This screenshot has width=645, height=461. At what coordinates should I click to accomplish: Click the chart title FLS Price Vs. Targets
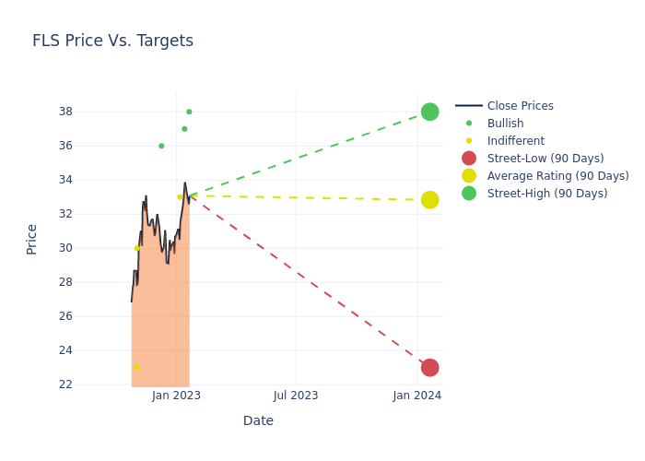pos(112,41)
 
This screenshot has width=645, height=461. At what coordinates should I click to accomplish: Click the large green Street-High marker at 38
pos(429,112)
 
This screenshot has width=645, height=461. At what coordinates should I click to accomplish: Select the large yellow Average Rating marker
pos(429,200)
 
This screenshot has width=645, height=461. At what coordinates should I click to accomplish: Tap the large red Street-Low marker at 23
pos(429,368)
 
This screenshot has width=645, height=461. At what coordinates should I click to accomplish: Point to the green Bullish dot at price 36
pos(161,146)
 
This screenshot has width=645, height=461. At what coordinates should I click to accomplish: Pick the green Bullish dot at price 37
pos(184,129)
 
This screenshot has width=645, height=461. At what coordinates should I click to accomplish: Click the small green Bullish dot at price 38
pos(189,112)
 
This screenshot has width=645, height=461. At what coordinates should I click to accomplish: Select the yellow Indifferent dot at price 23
pos(136,368)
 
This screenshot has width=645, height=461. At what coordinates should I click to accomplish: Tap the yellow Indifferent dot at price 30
pos(136,248)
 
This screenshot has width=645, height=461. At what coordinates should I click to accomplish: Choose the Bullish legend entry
pos(505,124)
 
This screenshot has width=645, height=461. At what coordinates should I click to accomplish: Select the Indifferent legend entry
pos(515,141)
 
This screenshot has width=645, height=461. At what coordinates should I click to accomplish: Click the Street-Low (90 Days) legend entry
pos(545,159)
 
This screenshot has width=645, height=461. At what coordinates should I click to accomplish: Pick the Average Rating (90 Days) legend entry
pos(557,176)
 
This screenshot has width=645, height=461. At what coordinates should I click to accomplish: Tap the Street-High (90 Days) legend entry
pos(546,194)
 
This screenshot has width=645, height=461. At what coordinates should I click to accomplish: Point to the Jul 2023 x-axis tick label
pos(296,396)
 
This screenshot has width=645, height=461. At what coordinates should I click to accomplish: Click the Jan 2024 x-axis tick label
pos(417,396)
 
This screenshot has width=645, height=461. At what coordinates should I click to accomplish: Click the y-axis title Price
pos(32,239)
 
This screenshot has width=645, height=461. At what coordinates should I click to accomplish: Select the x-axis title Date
pos(258,420)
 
